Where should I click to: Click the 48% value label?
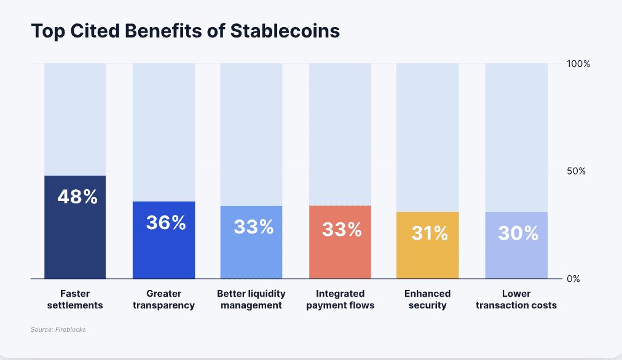click(x=77, y=197)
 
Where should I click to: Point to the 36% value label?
click(x=166, y=222)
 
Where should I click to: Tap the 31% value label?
click(x=430, y=233)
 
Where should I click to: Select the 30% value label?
click(x=518, y=233)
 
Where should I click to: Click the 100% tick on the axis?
click(x=578, y=64)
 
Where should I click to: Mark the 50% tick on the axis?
click(x=576, y=171)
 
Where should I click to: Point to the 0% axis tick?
click(x=573, y=279)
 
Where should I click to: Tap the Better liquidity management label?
click(x=251, y=299)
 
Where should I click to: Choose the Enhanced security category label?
click(x=427, y=299)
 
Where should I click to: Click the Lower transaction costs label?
click(x=516, y=299)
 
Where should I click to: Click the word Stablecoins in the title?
click(x=285, y=31)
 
